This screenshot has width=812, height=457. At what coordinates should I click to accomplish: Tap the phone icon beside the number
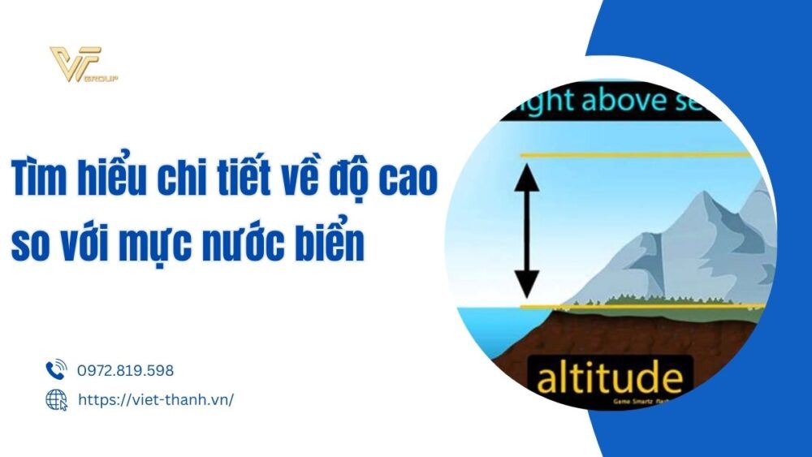tap(56, 370)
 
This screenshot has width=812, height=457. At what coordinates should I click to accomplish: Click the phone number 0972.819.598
tap(126, 370)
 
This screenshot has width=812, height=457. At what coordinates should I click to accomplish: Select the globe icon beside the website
tap(56, 399)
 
